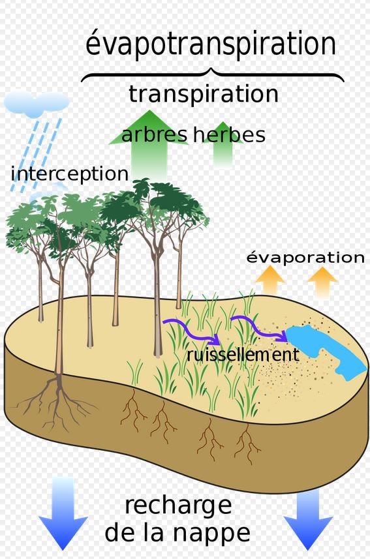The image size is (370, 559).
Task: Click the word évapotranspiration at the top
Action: click(x=211, y=44)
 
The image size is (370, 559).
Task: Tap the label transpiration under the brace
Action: click(x=204, y=95)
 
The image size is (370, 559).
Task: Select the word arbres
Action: click(x=154, y=135)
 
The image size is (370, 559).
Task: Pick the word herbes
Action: click(x=230, y=135)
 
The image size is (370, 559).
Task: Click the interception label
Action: click(x=70, y=174)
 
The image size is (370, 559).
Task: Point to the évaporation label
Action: click(x=305, y=257)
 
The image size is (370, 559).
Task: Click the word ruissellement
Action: click(x=243, y=355)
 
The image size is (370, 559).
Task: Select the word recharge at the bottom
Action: click(x=178, y=506)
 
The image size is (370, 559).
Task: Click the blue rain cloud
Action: click(x=36, y=102)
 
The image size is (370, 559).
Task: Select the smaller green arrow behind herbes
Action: click(x=223, y=144)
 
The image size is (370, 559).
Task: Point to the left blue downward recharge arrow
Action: click(x=63, y=513)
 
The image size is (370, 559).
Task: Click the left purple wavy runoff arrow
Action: click(x=191, y=331)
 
